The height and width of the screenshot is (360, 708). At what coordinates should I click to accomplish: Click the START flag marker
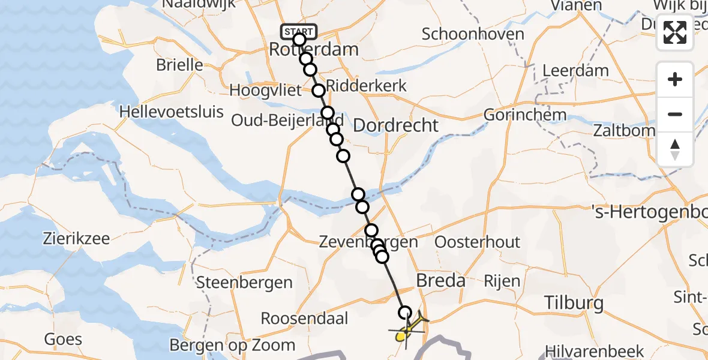point(298,31)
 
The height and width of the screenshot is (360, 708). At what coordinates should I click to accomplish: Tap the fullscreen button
point(675,32)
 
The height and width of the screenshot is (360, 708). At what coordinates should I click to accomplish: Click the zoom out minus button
point(675,114)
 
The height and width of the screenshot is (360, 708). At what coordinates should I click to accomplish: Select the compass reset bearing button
point(675,149)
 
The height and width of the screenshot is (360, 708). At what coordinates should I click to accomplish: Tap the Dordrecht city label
point(395,125)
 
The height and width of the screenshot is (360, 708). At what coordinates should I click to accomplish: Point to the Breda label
point(440,280)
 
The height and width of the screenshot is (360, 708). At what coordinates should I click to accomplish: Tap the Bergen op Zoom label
point(232,345)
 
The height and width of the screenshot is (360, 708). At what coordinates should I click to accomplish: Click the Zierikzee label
point(76,238)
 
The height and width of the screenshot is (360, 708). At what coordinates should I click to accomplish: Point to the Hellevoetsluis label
point(172,112)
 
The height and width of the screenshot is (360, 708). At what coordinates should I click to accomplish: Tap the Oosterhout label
point(477,242)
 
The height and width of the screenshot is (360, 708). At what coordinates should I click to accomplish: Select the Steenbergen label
point(244,282)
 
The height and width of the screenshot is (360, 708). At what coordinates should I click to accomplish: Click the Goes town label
point(63,339)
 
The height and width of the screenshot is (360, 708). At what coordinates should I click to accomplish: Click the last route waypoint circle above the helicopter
point(405,313)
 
